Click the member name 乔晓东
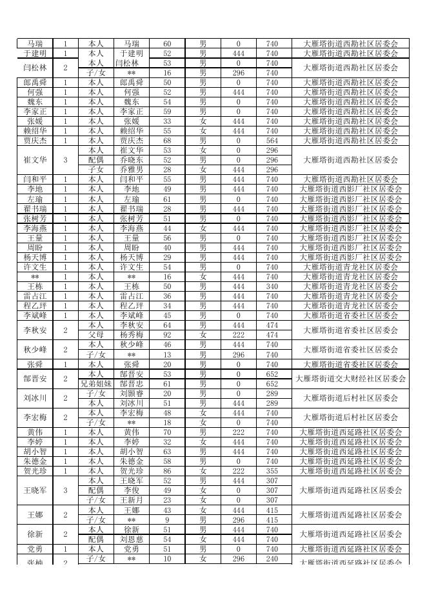pyautogui.click(x=132, y=160)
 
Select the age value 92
pyautogui.click(x=167, y=336)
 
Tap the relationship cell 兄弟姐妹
pyautogui.click(x=95, y=384)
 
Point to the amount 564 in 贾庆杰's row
pyautogui.click(x=272, y=141)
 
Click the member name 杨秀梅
pyautogui.click(x=132, y=336)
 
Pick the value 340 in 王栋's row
pyautogui.click(x=272, y=287)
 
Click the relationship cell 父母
pyautogui.click(x=95, y=336)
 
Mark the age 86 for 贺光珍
pyautogui.click(x=167, y=471)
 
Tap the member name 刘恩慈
pyautogui.click(x=132, y=539)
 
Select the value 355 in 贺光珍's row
pyautogui.click(x=272, y=471)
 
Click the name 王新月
pyautogui.click(x=132, y=500)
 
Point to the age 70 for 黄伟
pyautogui.click(x=167, y=432)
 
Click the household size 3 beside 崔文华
pyautogui.click(x=65, y=160)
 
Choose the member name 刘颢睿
pyautogui.click(x=132, y=394)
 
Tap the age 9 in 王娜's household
pyautogui.click(x=167, y=520)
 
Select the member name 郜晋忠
pyautogui.click(x=132, y=384)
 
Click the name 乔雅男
pyautogui.click(x=132, y=170)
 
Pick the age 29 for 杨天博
pyautogui.click(x=167, y=257)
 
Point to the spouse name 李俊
pyautogui.click(x=132, y=490)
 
